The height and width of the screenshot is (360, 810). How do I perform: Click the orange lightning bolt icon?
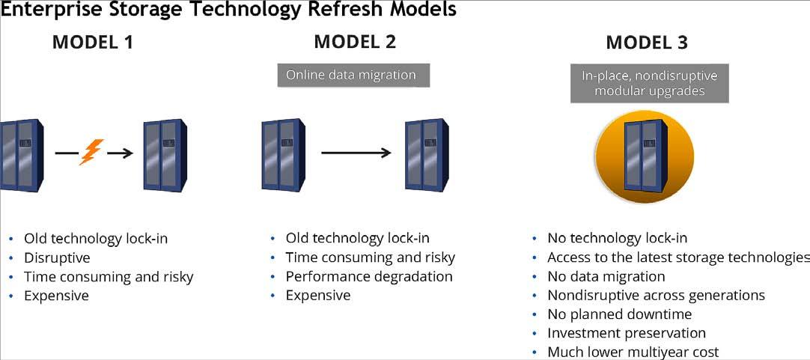(x=90, y=152)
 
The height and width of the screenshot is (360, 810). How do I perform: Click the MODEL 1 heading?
(x=93, y=42)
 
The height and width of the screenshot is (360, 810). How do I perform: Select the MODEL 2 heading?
(x=355, y=41)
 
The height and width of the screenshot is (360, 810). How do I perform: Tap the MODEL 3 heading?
(x=647, y=43)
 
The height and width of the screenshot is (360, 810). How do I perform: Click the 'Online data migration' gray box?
(x=351, y=75)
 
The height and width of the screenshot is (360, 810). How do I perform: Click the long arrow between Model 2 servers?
(x=356, y=153)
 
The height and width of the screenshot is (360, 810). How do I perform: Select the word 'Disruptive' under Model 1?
(x=57, y=258)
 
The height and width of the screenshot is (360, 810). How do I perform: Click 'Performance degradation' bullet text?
(x=369, y=276)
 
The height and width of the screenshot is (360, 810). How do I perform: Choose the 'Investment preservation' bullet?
(x=627, y=333)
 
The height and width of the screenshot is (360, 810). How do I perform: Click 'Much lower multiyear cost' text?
(x=633, y=352)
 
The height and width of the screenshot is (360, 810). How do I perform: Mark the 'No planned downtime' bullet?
(x=619, y=314)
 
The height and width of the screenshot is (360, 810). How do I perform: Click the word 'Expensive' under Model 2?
(x=318, y=296)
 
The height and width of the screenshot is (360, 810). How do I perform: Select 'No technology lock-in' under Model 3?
(x=618, y=239)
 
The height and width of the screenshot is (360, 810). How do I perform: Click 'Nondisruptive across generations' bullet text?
(x=656, y=296)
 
